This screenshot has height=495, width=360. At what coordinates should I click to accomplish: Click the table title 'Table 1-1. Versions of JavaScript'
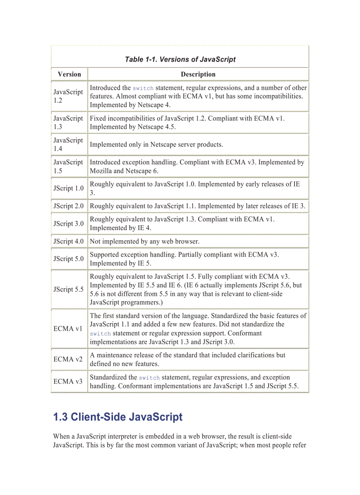pyautogui.click(x=180, y=60)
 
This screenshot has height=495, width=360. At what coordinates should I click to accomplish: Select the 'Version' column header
pyautogui.click(x=69, y=74)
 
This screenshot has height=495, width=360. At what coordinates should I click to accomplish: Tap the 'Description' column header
pyautogui.click(x=198, y=74)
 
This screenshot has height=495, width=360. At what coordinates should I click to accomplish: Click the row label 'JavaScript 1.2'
pyautogui.click(x=68, y=96)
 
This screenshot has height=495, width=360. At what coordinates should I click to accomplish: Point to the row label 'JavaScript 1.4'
pyautogui.click(x=68, y=144)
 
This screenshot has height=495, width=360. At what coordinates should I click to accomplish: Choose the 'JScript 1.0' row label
pyautogui.click(x=68, y=188)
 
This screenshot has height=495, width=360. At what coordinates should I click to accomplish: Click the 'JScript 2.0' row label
pyautogui.click(x=68, y=206)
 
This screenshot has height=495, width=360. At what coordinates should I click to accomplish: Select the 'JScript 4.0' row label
pyautogui.click(x=68, y=241)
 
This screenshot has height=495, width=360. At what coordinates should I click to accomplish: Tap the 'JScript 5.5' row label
pyautogui.click(x=68, y=289)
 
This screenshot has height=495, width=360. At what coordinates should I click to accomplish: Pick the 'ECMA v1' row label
pyautogui.click(x=68, y=329)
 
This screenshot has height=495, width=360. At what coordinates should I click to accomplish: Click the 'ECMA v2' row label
pyautogui.click(x=68, y=359)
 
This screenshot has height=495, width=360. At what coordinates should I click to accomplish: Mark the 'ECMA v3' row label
pyautogui.click(x=68, y=381)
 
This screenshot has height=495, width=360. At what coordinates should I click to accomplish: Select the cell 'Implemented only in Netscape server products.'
pyautogui.click(x=157, y=144)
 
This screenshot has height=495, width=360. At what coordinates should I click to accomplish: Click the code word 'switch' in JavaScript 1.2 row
pyautogui.click(x=143, y=88)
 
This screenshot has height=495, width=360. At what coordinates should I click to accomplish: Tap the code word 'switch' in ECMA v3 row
pyautogui.click(x=149, y=378)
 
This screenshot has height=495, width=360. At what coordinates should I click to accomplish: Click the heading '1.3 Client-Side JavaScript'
pyautogui.click(x=118, y=417)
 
